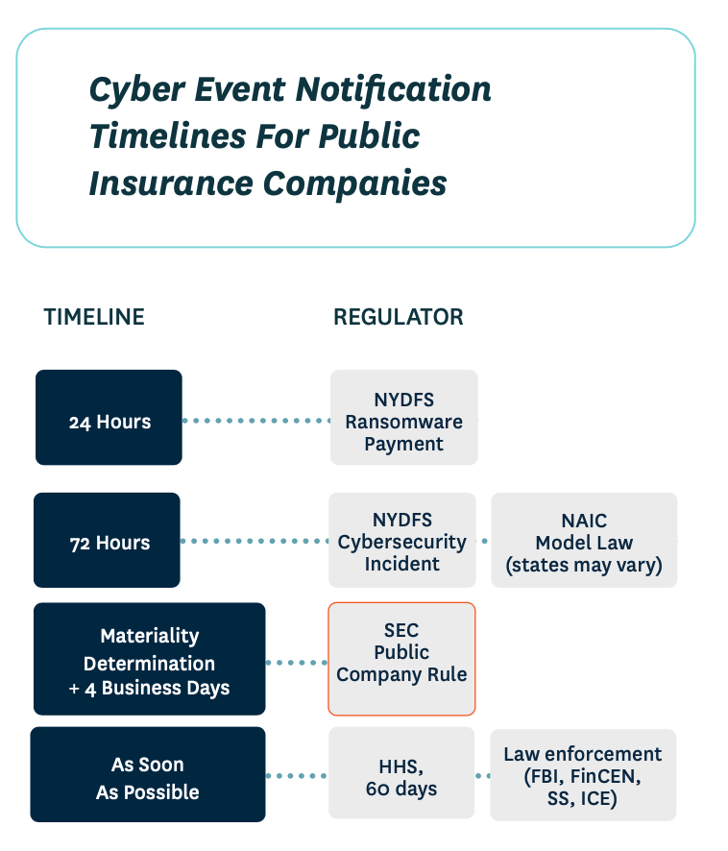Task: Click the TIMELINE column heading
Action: click(94, 317)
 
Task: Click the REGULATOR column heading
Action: click(398, 317)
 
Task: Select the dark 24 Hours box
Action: click(109, 418)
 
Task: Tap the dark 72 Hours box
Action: click(108, 540)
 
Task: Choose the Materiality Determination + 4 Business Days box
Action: click(149, 659)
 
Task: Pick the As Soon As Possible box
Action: click(147, 775)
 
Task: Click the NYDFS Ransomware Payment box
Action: click(403, 419)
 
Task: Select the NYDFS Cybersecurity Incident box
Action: click(401, 540)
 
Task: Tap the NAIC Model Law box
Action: click(584, 540)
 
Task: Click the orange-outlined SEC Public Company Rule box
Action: click(401, 659)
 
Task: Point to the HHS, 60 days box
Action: click(401, 775)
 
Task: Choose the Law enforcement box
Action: click(583, 775)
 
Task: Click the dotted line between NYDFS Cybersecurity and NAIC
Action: click(483, 541)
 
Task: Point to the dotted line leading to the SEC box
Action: click(297, 662)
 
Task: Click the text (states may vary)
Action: click(584, 565)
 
